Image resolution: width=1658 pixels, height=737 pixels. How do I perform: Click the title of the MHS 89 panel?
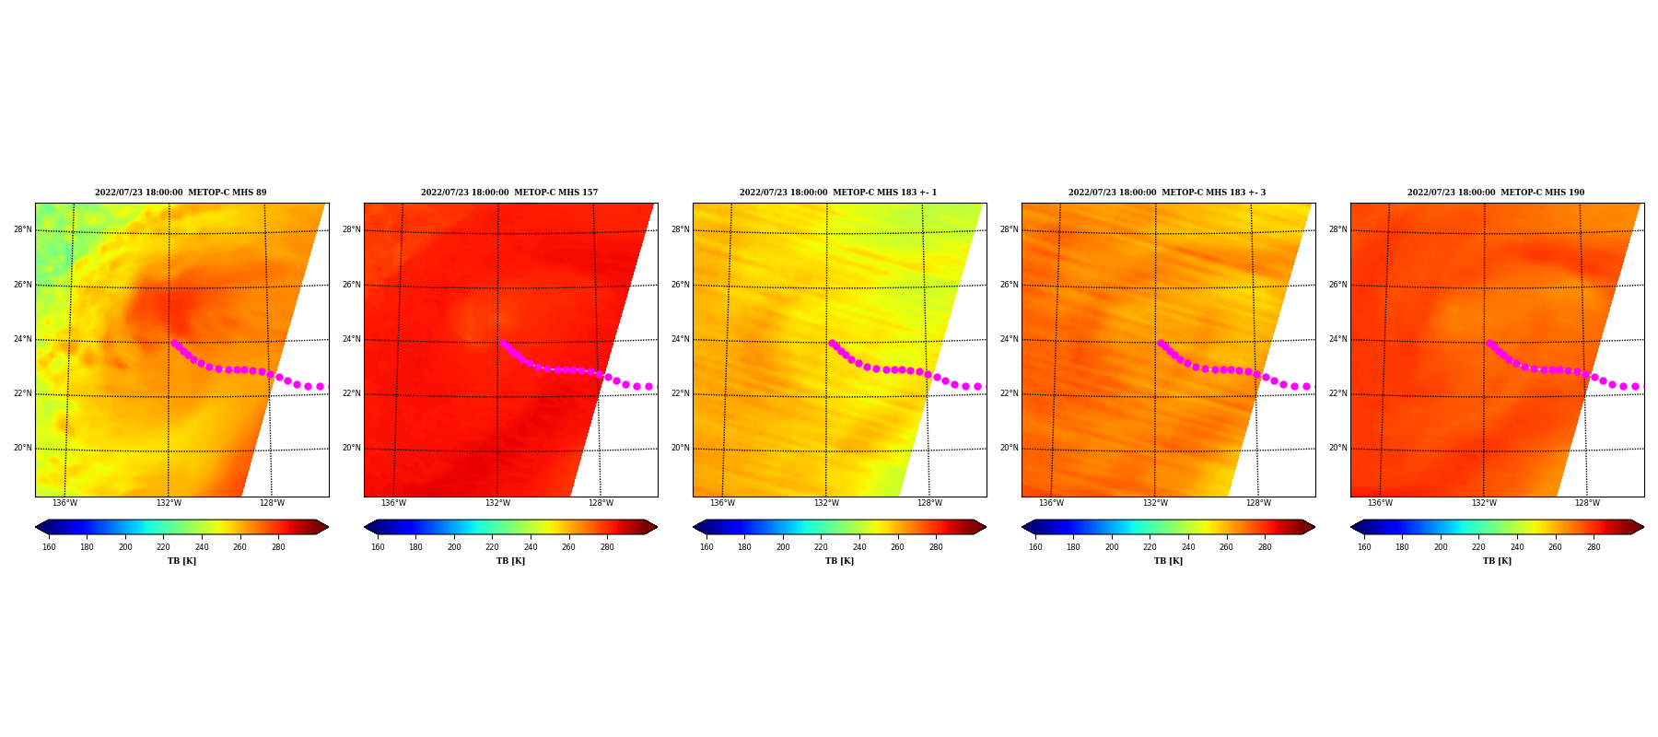pos(181,193)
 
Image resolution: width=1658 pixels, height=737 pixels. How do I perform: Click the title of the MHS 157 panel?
pos(509,193)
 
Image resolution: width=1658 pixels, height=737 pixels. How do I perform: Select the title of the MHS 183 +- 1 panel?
pos(838,193)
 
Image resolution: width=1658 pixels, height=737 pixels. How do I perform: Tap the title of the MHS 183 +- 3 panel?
pos(1167,193)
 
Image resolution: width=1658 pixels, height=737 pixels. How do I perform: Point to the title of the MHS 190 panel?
pos(1496,193)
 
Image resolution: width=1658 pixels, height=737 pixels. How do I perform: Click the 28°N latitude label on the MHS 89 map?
pos(22,229)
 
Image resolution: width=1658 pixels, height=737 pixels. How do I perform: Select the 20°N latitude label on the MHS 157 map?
pos(351,448)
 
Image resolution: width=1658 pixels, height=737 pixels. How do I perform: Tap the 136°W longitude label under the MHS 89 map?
pos(64,503)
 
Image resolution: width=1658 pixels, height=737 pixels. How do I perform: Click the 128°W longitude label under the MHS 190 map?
pos(1587,503)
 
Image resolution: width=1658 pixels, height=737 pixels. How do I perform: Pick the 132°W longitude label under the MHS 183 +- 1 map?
pos(826,503)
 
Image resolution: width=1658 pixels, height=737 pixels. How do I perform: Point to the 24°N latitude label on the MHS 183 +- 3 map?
pos(1009,339)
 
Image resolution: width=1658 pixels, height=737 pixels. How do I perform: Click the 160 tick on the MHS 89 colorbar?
pos(49,547)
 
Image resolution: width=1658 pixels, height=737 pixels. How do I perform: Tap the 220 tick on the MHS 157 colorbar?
pos(492,547)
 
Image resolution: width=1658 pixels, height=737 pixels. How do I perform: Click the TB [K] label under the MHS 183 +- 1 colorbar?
pos(839,561)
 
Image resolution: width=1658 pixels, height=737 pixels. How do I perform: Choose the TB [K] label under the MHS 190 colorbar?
pos(1497,561)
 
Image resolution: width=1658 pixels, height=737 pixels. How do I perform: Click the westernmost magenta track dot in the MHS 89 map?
pos(174,343)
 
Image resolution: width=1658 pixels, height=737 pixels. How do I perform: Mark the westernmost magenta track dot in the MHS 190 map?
pos(1489,343)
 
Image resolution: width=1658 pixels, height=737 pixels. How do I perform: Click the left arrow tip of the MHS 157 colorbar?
pos(365,527)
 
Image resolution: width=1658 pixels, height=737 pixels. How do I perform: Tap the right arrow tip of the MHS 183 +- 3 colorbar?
pos(1314,527)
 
